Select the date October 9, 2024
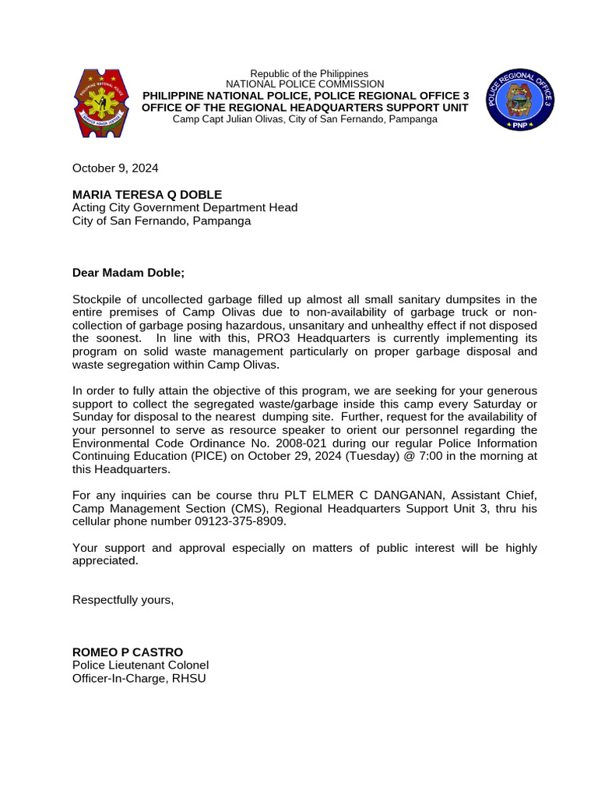pyautogui.click(x=115, y=168)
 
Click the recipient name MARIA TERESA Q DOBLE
pyautogui.click(x=147, y=194)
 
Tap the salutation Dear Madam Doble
pyautogui.click(x=129, y=273)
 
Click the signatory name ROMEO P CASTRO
pyautogui.click(x=128, y=651)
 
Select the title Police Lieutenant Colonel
pyautogui.click(x=140, y=665)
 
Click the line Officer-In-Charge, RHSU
pyautogui.click(x=139, y=678)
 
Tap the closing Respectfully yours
pyautogui.click(x=123, y=599)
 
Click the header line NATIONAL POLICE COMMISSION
pyautogui.click(x=304, y=84)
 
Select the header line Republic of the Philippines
pyautogui.click(x=304, y=73)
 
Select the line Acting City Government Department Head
pyautogui.click(x=185, y=207)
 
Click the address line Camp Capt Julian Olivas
pyautogui.click(x=304, y=118)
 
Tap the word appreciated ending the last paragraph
pyautogui.click(x=104, y=560)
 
